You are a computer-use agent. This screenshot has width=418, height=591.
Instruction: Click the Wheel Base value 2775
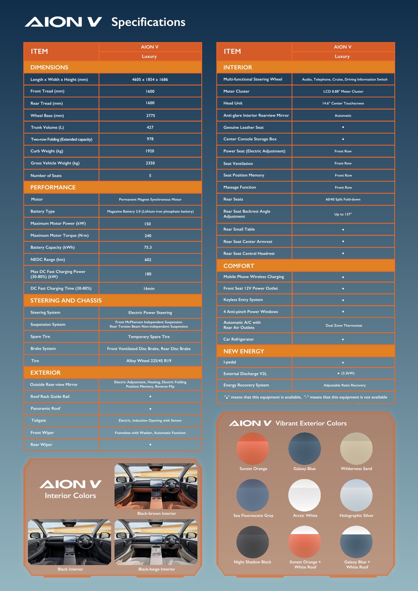click(151, 116)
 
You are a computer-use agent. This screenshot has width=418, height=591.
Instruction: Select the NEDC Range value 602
click(148, 260)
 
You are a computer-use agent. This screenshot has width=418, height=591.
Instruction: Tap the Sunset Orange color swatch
click(253, 448)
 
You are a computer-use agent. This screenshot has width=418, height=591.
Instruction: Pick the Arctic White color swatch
click(304, 495)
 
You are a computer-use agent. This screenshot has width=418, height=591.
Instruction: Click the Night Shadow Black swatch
click(253, 542)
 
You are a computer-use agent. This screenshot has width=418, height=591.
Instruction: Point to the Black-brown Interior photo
click(156, 486)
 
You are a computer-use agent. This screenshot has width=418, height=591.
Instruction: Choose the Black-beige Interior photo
click(156, 542)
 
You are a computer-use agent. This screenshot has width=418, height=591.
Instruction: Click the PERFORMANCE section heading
click(53, 187)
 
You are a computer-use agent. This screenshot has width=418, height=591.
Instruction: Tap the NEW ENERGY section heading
click(244, 351)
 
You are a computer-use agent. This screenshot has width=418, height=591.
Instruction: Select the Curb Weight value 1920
click(150, 151)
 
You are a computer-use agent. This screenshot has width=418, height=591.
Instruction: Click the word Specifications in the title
click(148, 22)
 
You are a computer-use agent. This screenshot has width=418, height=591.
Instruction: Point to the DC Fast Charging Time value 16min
click(149, 289)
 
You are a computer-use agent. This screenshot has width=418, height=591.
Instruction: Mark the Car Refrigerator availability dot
click(343, 339)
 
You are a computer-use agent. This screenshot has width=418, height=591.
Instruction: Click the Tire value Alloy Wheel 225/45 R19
click(149, 361)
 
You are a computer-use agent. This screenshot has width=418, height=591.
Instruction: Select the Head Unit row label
click(233, 103)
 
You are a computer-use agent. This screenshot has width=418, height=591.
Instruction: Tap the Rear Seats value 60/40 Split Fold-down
click(343, 199)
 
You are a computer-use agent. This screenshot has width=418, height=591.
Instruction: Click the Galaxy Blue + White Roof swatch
click(356, 542)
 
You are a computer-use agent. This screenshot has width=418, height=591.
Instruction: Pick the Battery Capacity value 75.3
click(148, 247)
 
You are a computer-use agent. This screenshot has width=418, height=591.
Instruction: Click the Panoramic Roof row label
click(45, 408)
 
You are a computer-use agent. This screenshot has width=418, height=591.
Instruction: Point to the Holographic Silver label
click(356, 516)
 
